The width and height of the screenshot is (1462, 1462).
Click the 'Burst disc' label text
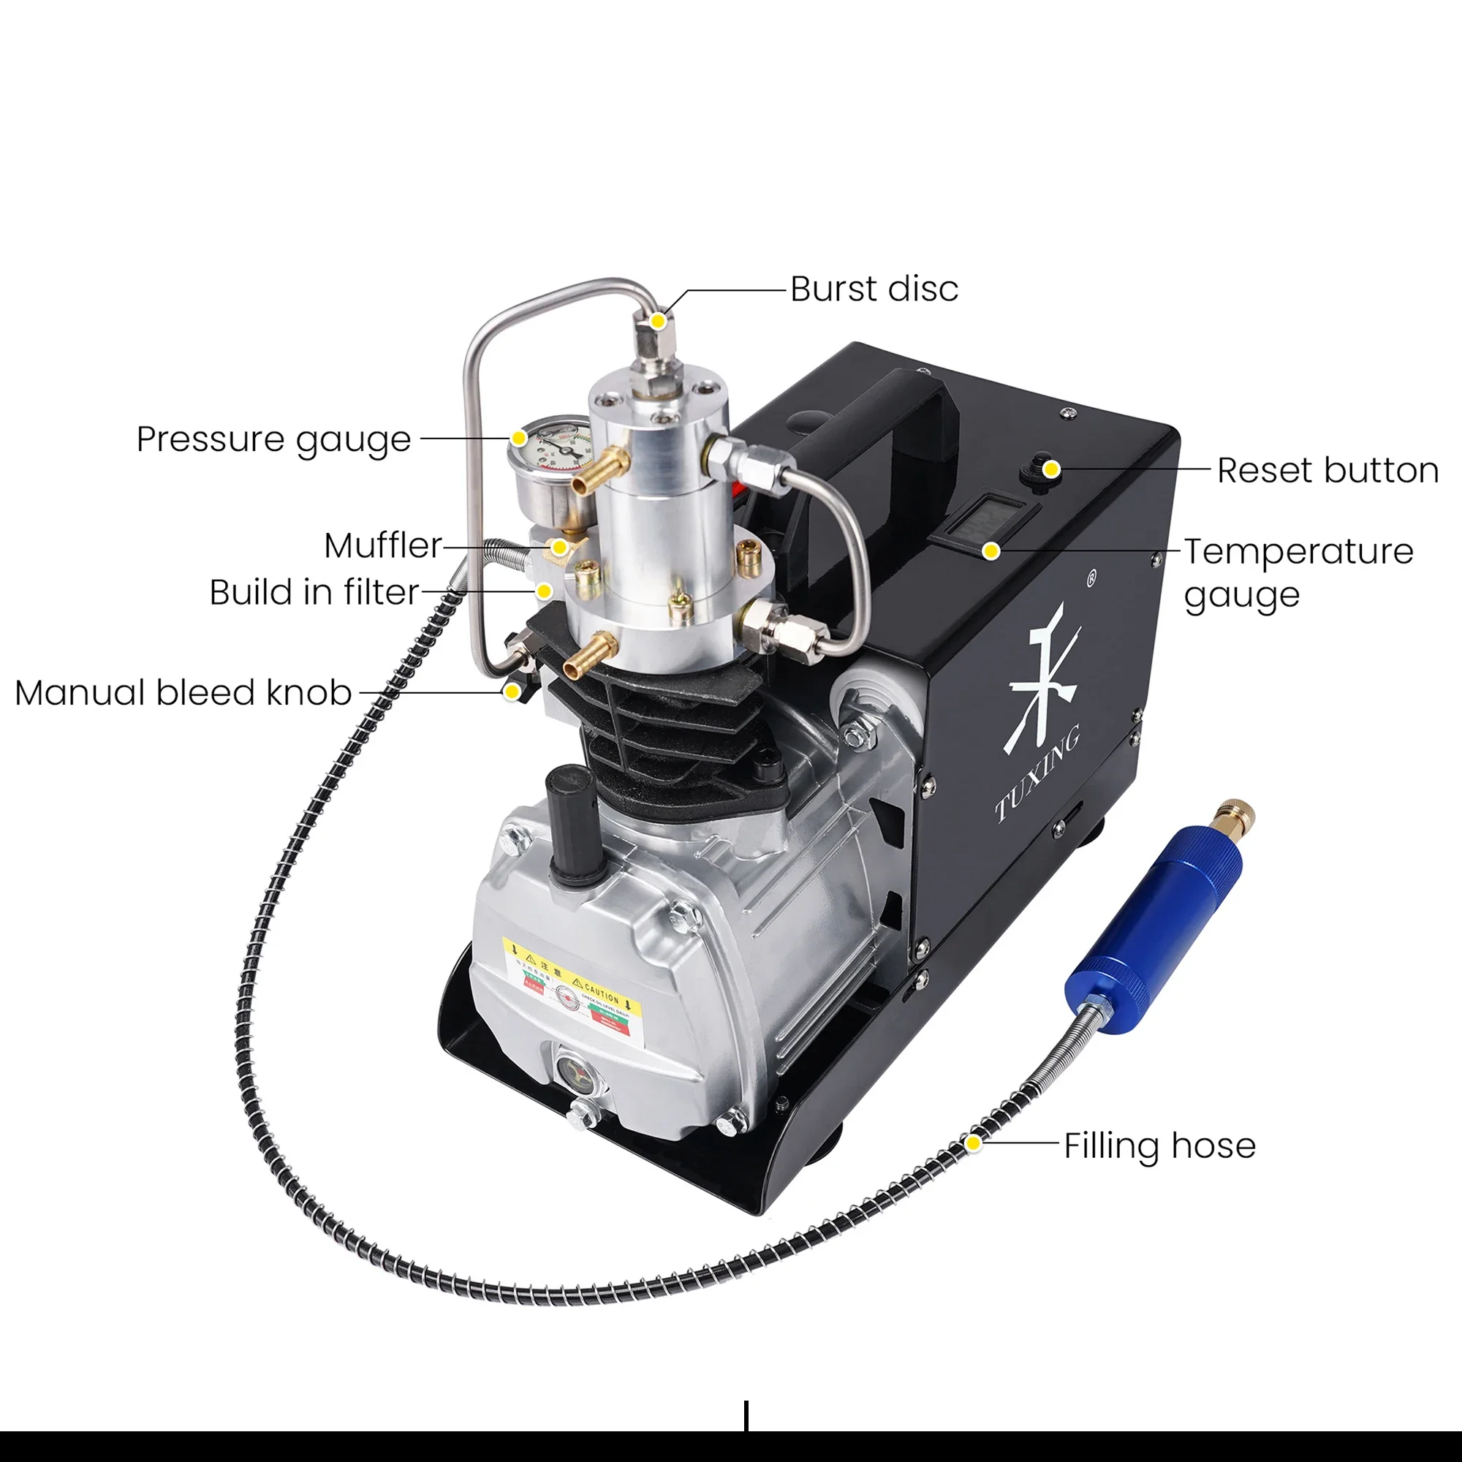(x=874, y=289)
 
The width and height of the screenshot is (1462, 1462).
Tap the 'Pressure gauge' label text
(x=273, y=439)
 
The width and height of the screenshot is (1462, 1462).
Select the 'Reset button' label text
(x=1327, y=471)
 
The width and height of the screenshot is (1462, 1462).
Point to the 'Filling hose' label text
(x=1159, y=1145)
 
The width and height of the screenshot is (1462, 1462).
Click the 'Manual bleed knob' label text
(x=183, y=692)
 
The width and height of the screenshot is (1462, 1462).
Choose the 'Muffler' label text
(x=383, y=545)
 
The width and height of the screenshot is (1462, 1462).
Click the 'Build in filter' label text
(x=314, y=593)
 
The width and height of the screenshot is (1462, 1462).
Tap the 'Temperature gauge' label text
(x=1298, y=573)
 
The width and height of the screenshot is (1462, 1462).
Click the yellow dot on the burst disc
(x=659, y=321)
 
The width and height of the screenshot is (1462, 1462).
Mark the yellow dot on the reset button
(x=1050, y=470)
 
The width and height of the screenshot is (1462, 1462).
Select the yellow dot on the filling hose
(x=974, y=1143)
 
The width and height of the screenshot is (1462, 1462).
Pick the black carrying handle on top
(x=870, y=424)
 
